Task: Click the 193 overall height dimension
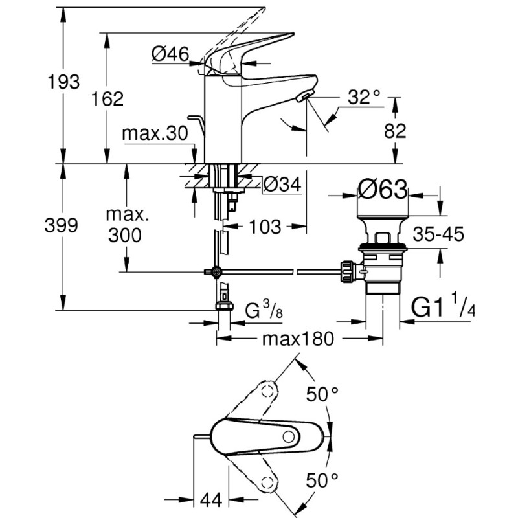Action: (x=64, y=82)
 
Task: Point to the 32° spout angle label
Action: (x=363, y=97)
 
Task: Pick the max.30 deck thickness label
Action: (x=155, y=134)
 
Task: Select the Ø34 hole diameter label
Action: (x=282, y=185)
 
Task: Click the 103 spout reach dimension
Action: (x=265, y=227)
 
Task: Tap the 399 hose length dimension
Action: (x=64, y=225)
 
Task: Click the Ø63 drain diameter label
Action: (x=383, y=191)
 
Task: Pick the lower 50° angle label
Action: (x=322, y=480)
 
